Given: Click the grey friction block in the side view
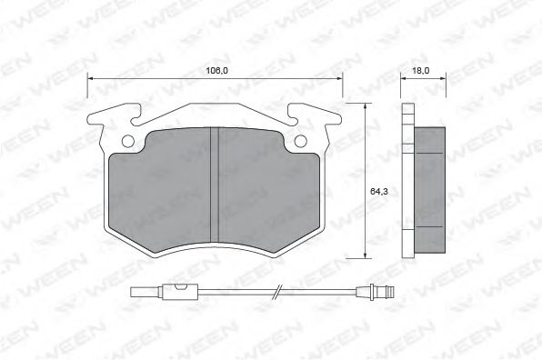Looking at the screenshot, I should click(431, 191).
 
